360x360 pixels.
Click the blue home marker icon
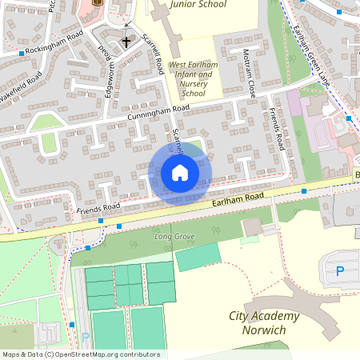point(180,173)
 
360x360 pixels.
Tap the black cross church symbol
point(126,42)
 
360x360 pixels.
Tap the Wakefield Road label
point(21,86)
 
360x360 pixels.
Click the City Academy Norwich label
point(264,323)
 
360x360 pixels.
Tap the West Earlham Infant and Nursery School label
point(190,78)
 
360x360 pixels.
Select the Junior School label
point(198,5)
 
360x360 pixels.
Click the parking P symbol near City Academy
point(340,272)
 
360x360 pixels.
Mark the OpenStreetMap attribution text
point(81,354)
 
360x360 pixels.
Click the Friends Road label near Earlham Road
point(98,208)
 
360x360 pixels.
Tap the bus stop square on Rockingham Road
point(21,53)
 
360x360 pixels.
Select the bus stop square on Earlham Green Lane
point(339,13)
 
